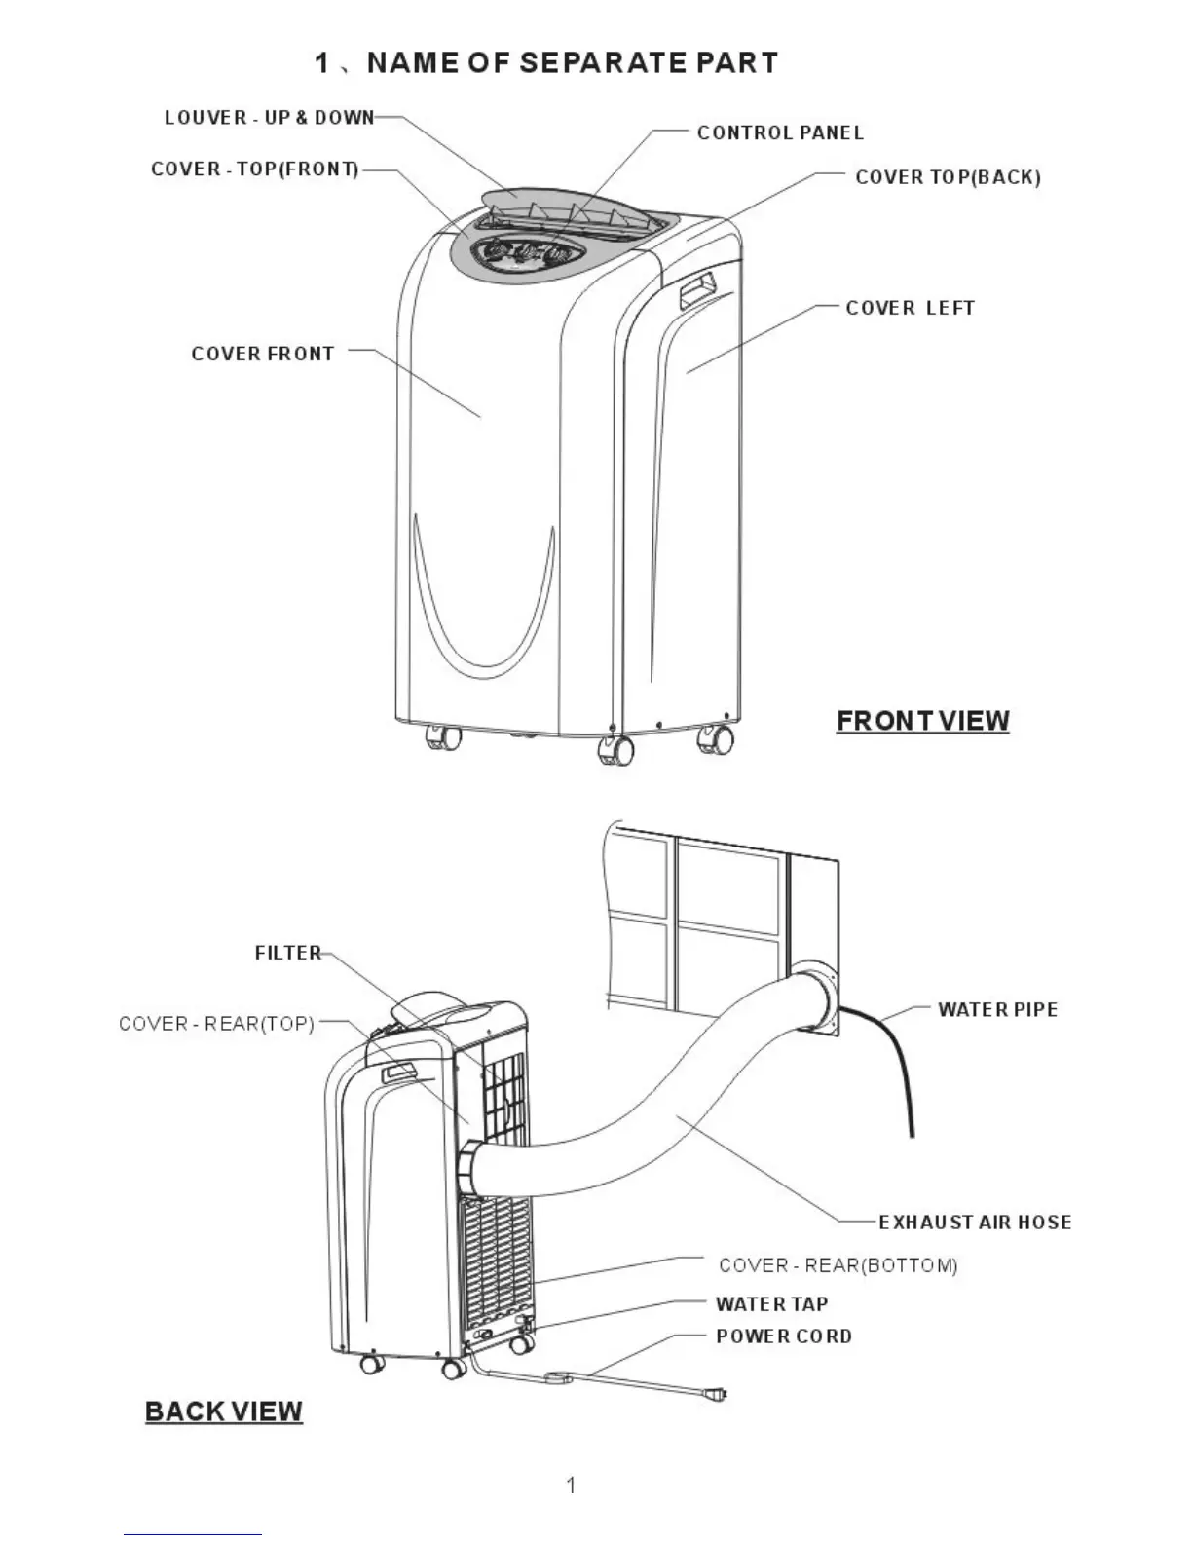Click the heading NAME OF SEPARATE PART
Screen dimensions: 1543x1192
pyautogui.click(x=546, y=63)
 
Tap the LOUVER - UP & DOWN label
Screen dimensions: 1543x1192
pyautogui.click(x=269, y=118)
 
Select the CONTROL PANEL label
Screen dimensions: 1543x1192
pyautogui.click(x=780, y=132)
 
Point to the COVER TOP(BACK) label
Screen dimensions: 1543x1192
pyautogui.click(x=948, y=177)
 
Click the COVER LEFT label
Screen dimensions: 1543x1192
pyautogui.click(x=910, y=308)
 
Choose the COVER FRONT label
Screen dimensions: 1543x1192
pyautogui.click(x=263, y=354)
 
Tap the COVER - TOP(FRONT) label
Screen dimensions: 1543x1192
pyautogui.click(x=255, y=169)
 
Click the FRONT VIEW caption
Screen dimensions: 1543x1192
pyautogui.click(x=922, y=721)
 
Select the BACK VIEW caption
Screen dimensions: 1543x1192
pyautogui.click(x=223, y=1411)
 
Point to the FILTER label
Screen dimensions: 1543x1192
pyautogui.click(x=288, y=953)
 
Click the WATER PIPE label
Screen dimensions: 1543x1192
pyautogui.click(x=997, y=1010)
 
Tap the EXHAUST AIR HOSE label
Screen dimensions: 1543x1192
pyautogui.click(x=975, y=1223)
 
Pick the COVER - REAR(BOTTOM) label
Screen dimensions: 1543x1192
pyautogui.click(x=838, y=1265)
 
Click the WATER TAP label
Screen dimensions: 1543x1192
pyautogui.click(x=771, y=1304)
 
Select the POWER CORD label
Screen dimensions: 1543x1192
pyautogui.click(x=784, y=1336)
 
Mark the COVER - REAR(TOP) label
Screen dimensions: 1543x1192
pyautogui.click(x=216, y=1024)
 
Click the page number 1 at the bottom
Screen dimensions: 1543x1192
pyautogui.click(x=571, y=1486)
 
